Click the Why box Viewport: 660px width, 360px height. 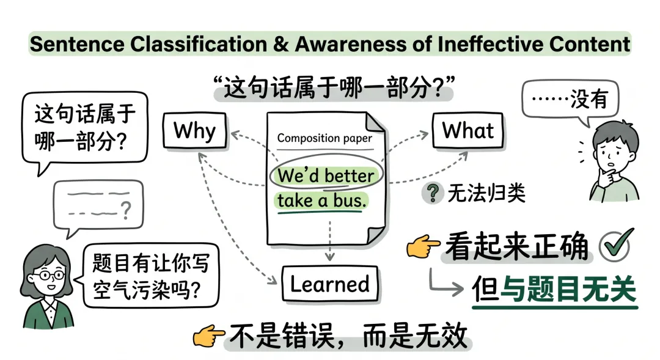point(194,131)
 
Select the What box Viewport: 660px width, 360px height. point(468,130)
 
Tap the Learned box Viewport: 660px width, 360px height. point(329,284)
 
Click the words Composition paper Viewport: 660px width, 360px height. point(324,138)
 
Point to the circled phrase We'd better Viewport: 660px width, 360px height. point(324,176)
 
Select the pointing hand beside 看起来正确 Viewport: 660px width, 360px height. point(424,247)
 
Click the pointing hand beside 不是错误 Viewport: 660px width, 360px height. point(208,336)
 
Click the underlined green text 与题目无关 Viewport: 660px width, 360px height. point(568,288)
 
